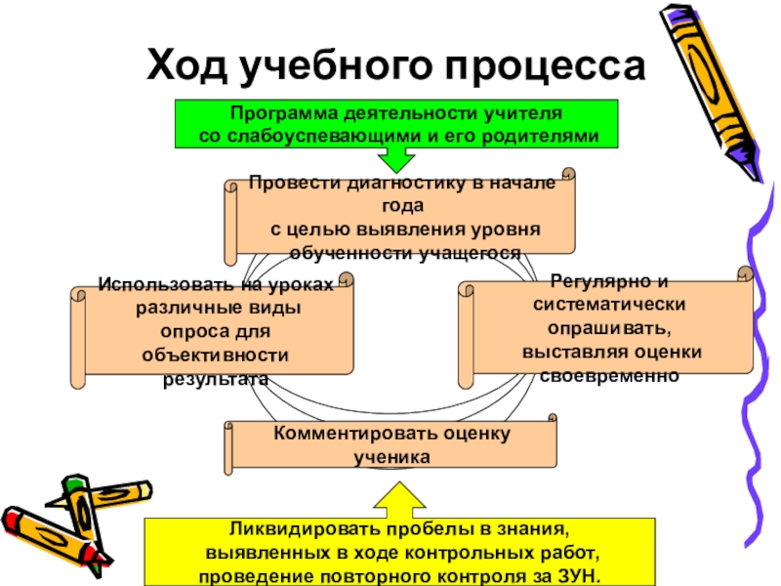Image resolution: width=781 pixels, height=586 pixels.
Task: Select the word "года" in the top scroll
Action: [403, 206]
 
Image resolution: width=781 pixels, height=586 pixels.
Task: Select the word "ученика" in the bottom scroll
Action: [390, 456]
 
